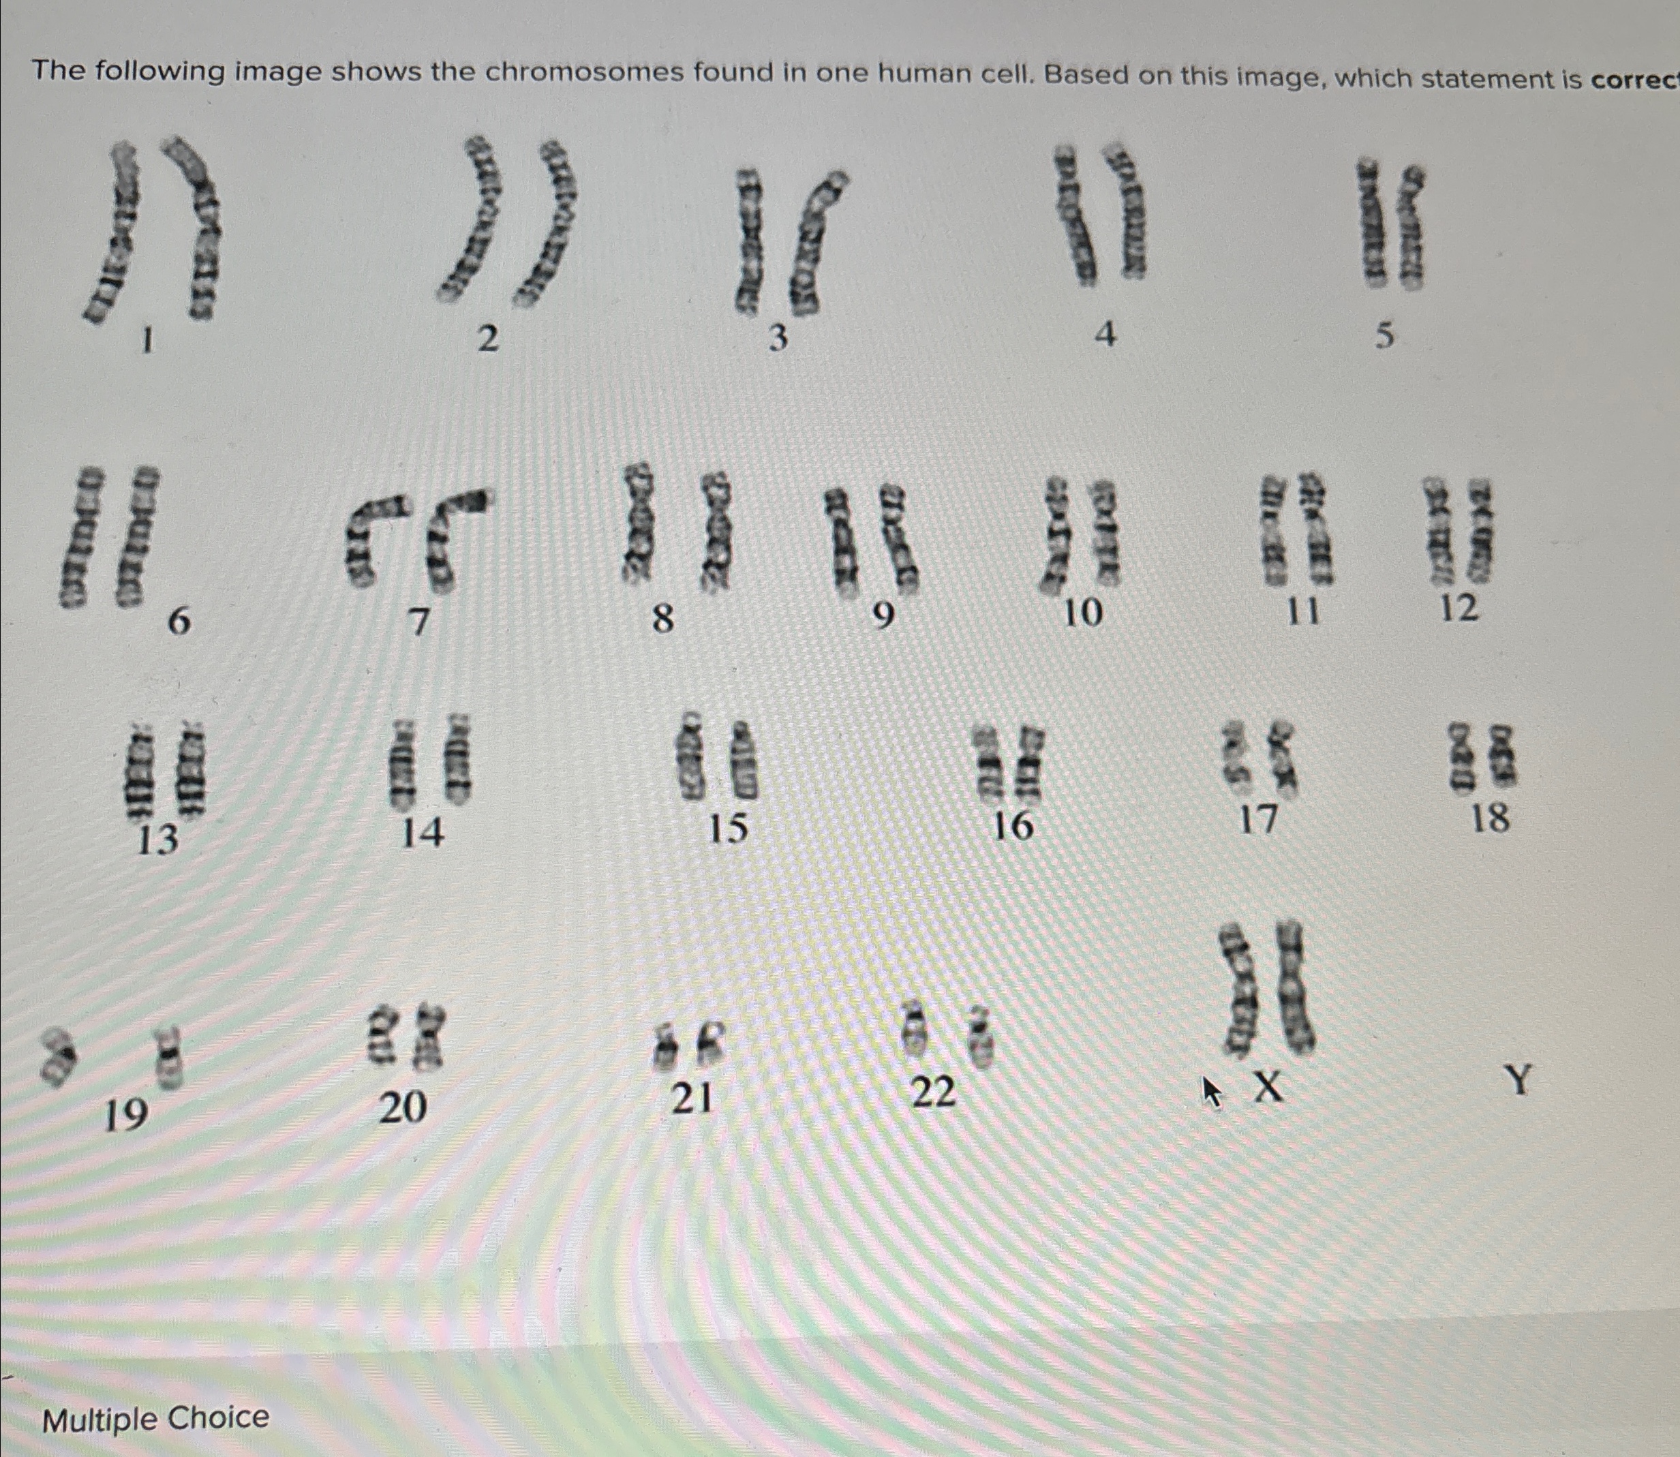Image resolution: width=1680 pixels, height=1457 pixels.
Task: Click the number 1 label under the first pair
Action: (147, 342)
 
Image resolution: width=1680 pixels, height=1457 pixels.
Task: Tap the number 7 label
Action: (418, 623)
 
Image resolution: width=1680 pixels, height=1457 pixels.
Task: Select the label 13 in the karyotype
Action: (157, 838)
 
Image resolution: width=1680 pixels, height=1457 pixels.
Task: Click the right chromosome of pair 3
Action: (816, 244)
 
